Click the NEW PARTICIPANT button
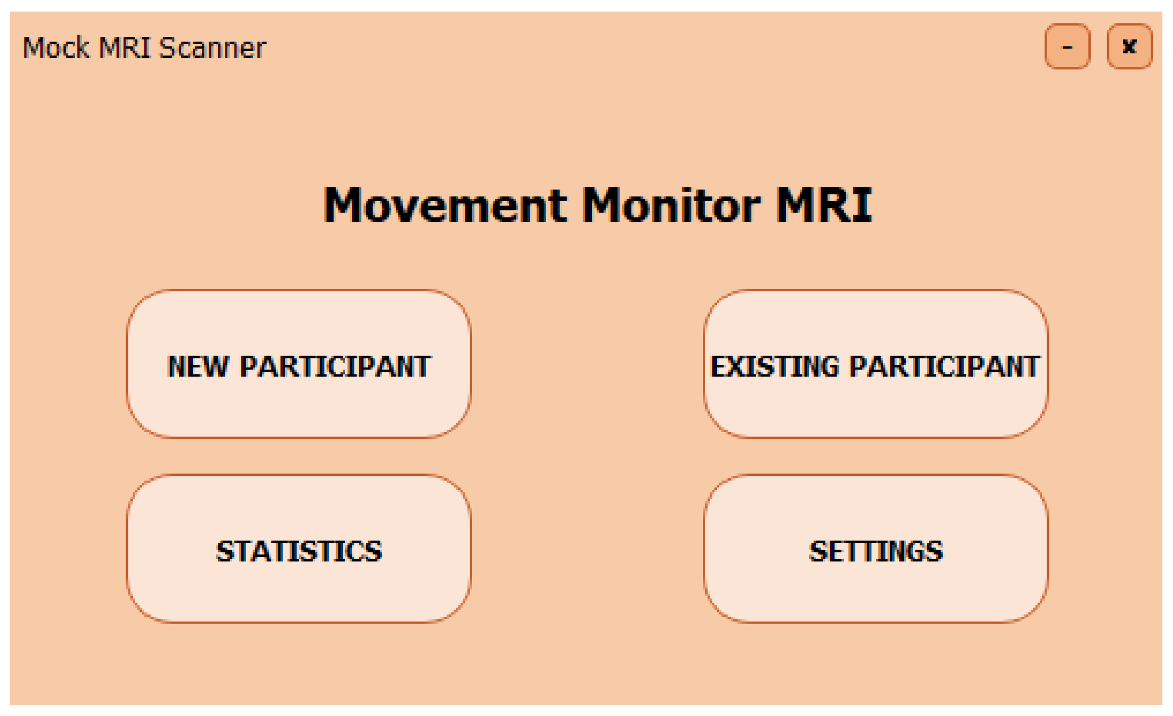point(299,364)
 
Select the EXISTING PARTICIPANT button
point(875,364)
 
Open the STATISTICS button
point(299,549)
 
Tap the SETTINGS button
point(875,549)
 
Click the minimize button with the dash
point(1067,47)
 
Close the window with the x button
point(1129,47)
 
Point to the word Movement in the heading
point(446,205)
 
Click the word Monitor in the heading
point(672,205)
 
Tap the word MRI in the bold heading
point(824,205)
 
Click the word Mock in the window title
point(56,48)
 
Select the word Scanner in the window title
point(212,48)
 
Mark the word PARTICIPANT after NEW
point(336,367)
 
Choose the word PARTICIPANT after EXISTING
point(945,367)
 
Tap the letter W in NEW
point(215,367)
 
